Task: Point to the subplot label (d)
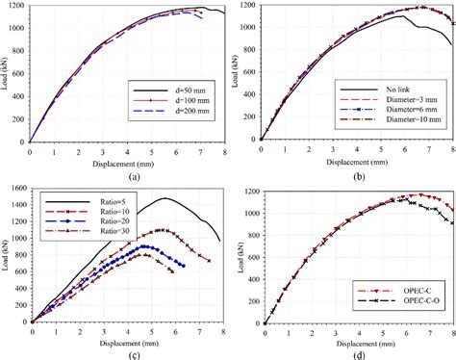357,350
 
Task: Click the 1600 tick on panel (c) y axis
18,186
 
